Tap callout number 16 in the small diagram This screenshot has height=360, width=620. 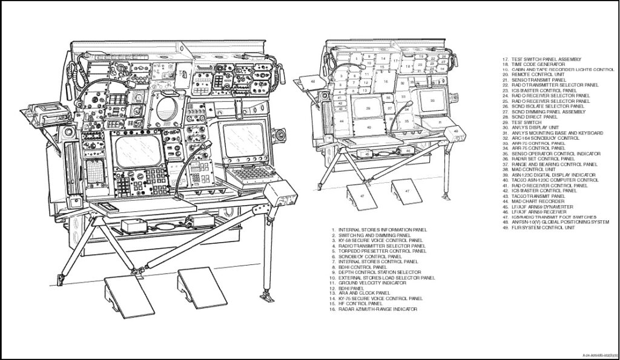385,79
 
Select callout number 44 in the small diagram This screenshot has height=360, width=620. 342,122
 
